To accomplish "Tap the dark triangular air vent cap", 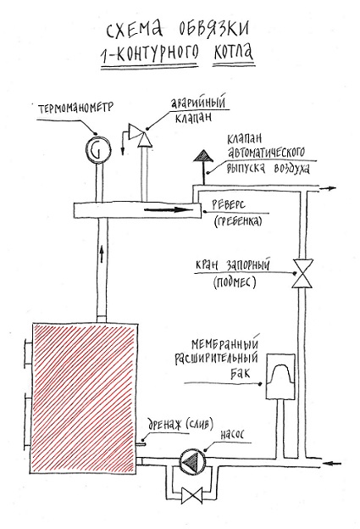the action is [202, 155].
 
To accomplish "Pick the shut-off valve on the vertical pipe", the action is [302, 274].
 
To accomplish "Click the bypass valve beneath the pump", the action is [191, 494].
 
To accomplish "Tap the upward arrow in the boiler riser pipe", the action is [102, 254].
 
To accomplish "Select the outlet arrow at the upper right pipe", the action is [328, 188].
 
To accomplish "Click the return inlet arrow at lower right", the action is [332, 463].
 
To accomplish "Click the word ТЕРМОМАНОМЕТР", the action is [76, 108].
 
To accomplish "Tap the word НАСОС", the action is [232, 434].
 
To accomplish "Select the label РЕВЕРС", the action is [229, 204].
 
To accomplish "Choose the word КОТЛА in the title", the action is [233, 53].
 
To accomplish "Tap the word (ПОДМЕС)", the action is [235, 282].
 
